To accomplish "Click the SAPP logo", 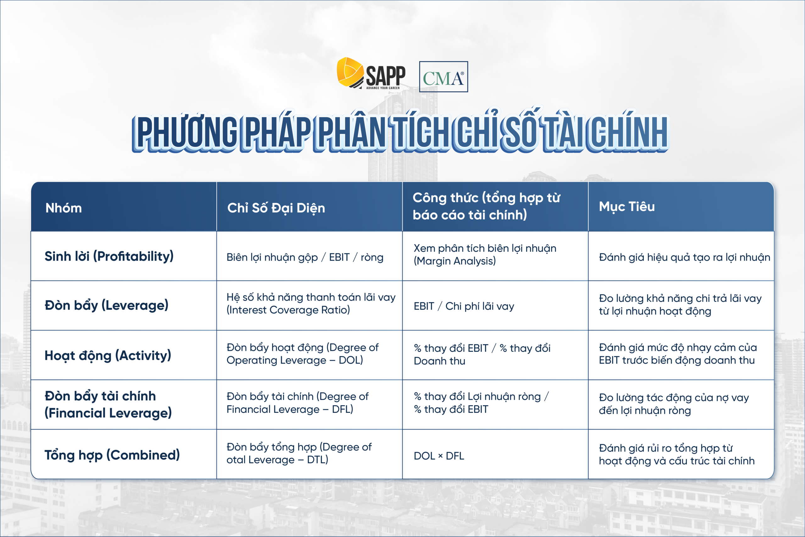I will tap(371, 74).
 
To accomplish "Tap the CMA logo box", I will tap(443, 77).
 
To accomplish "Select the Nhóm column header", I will tap(64, 208).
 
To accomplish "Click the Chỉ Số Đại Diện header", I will tap(276, 208).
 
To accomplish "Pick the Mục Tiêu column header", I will tap(627, 206).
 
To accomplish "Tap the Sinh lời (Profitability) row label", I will tap(109, 256).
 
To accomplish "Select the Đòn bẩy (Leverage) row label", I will tap(107, 305).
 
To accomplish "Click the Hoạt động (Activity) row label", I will tap(108, 355).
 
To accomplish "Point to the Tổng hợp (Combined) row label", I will tap(112, 455).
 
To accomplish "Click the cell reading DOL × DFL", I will tap(439, 456).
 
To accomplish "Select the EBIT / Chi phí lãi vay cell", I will tap(464, 306).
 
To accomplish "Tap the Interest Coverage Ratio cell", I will tap(311, 304).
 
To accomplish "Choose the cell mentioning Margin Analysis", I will tap(485, 255).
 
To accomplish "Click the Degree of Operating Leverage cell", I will tap(302, 354).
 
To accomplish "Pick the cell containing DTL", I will tap(299, 453).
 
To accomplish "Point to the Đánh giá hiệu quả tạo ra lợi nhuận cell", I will tap(684, 257).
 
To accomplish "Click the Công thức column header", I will tap(486, 206).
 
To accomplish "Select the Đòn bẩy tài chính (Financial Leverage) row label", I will tap(108, 405).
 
